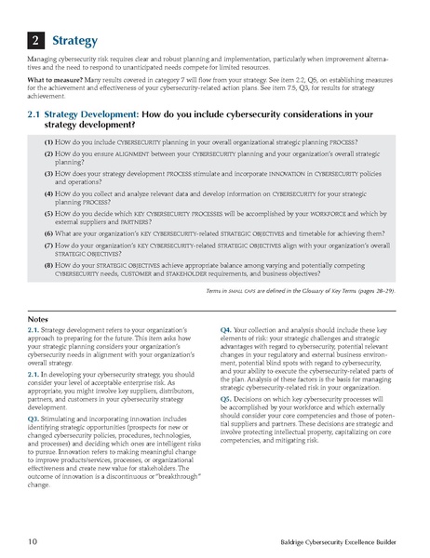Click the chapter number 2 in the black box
tap(34, 41)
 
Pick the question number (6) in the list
tap(48, 232)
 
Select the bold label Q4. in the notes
tap(228, 330)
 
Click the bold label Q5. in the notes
tap(228, 397)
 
